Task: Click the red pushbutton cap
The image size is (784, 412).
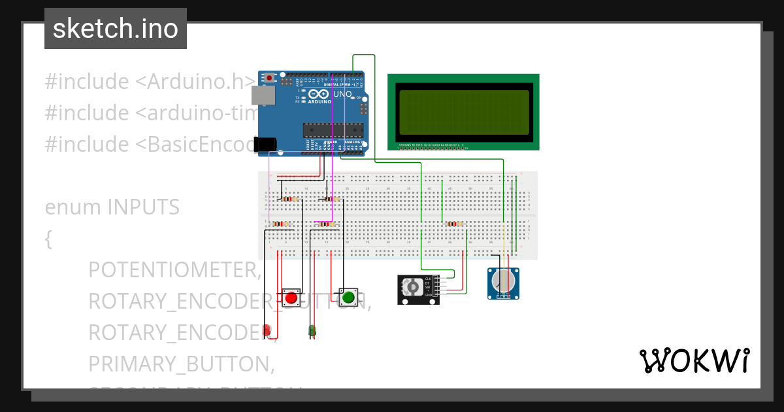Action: [x=291, y=299]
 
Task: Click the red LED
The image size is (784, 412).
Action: [x=267, y=330]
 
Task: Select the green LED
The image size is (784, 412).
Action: [x=312, y=331]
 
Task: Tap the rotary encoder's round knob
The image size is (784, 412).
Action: [x=413, y=288]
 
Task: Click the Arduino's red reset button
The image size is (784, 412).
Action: [x=269, y=78]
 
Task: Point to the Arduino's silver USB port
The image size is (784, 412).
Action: [x=264, y=96]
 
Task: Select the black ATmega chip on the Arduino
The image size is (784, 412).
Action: [x=331, y=131]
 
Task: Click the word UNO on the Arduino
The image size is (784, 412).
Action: [x=343, y=94]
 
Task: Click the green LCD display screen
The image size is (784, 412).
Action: [x=463, y=112]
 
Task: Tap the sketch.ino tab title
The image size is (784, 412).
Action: [x=116, y=29]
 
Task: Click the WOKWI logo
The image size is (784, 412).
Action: [x=694, y=360]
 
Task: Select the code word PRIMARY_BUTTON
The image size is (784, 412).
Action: [x=179, y=364]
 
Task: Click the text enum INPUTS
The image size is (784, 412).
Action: [x=112, y=207]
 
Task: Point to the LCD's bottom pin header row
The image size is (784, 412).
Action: [x=432, y=146]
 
